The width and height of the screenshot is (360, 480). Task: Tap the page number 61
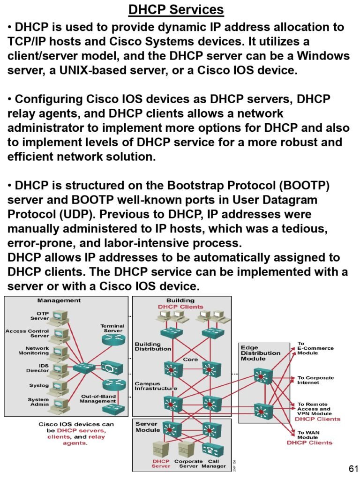click(x=354, y=469)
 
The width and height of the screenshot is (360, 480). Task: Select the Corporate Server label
click(x=188, y=464)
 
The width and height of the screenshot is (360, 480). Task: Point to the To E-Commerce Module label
click(x=315, y=348)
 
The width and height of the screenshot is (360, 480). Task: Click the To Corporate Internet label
click(x=315, y=380)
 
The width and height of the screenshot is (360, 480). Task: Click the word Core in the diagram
click(x=190, y=360)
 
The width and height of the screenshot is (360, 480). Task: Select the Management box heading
click(x=59, y=300)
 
